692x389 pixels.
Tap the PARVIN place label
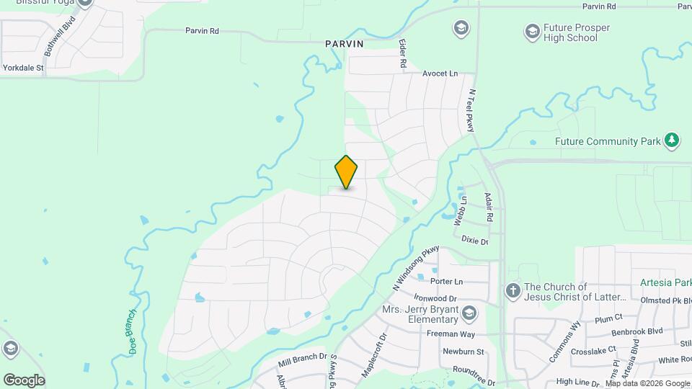[344, 44]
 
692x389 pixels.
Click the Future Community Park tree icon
[672, 140]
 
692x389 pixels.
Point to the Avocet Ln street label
[440, 73]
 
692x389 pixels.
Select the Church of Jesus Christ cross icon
[513, 291]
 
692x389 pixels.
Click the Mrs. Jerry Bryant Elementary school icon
[470, 312]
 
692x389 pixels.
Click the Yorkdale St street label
[24, 68]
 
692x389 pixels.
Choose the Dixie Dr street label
[474, 241]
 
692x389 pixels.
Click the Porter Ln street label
[446, 281]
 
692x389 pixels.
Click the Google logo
[24, 380]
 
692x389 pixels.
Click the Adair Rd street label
[489, 207]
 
